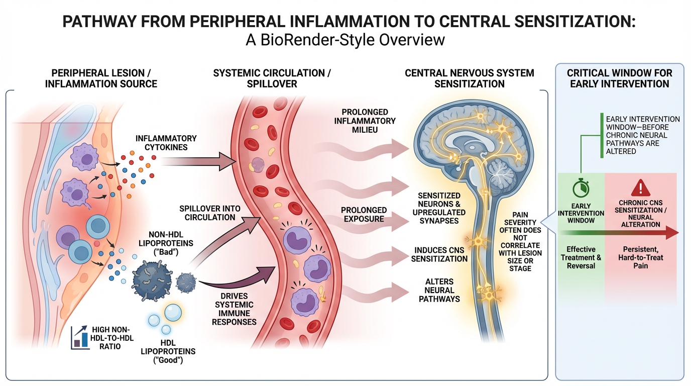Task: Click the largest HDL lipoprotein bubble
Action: (173, 313)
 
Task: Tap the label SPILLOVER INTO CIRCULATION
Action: (210, 213)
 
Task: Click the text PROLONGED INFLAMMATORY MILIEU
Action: (368, 121)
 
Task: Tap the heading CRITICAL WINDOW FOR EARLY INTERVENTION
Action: (619, 78)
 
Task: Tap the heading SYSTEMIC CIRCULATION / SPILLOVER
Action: (272, 78)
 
